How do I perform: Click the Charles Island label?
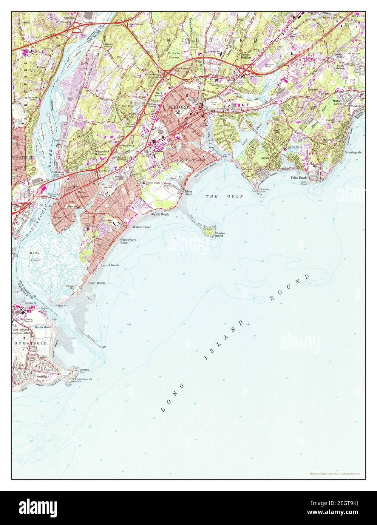click(x=219, y=235)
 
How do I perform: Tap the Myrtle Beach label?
click(x=160, y=214)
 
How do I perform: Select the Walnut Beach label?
click(x=142, y=227)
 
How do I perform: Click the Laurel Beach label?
click(x=110, y=265)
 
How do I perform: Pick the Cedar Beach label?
click(x=96, y=283)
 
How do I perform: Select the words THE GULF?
click(x=224, y=196)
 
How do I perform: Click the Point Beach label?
click(x=298, y=177)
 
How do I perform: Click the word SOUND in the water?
click(x=289, y=288)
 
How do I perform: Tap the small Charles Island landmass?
click(x=209, y=230)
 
